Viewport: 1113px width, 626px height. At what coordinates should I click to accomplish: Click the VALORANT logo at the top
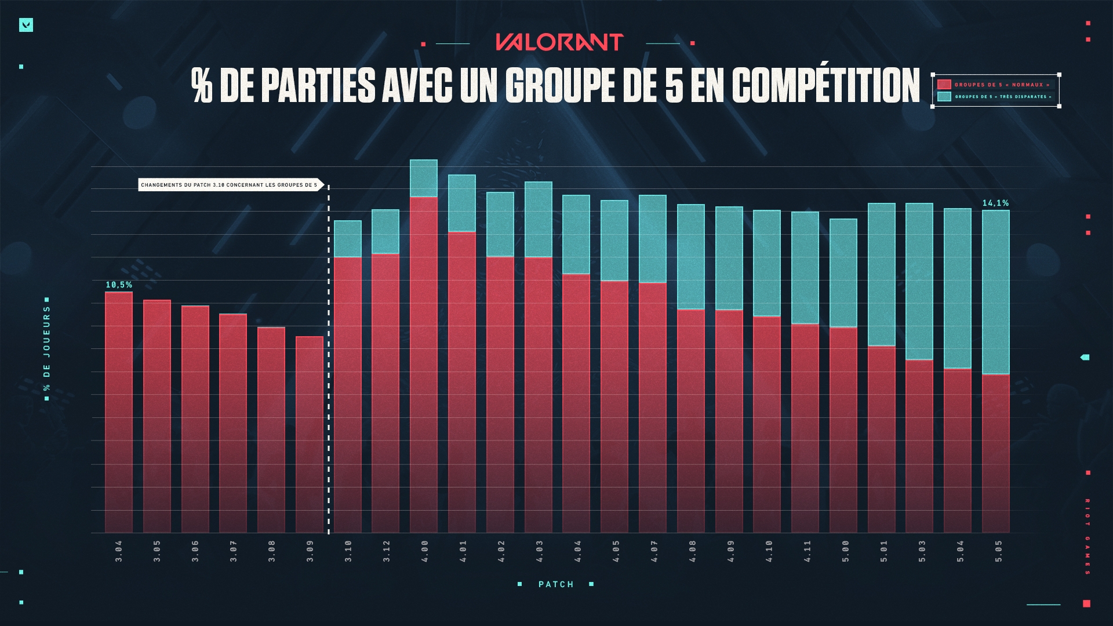[x=559, y=42]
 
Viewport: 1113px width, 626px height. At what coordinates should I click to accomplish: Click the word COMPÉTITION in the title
[x=825, y=86]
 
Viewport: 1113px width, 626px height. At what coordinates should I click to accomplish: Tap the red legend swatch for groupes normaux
[x=944, y=85]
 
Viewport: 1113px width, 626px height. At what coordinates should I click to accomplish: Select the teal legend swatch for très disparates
[x=944, y=97]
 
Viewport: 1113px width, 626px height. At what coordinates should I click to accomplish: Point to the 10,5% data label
[x=119, y=285]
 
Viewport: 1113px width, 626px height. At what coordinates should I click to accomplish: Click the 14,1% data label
[x=995, y=203]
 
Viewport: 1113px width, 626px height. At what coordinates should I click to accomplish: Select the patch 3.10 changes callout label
[x=230, y=185]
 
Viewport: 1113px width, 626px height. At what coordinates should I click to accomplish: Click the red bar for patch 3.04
[x=119, y=412]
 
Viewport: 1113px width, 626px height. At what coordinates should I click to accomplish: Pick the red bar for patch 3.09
[x=310, y=435]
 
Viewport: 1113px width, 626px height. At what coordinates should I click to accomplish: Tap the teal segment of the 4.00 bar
[x=424, y=179]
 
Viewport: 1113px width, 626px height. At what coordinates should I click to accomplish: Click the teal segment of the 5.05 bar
[x=995, y=292]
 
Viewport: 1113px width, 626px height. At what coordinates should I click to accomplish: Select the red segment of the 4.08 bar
[x=690, y=420]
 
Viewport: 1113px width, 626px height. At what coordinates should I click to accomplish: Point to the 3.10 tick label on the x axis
[x=348, y=551]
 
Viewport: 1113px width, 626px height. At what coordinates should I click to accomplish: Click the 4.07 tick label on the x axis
[x=654, y=551]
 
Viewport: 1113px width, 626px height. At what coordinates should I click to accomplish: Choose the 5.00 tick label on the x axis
[x=845, y=551]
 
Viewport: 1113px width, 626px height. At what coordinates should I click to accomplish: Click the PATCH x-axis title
[x=556, y=584]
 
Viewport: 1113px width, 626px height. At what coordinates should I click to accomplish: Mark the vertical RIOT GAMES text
[x=1087, y=536]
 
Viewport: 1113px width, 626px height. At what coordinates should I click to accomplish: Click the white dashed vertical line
[x=329, y=359]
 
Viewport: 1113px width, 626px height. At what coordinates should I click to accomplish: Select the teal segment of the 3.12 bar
[x=385, y=231]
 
